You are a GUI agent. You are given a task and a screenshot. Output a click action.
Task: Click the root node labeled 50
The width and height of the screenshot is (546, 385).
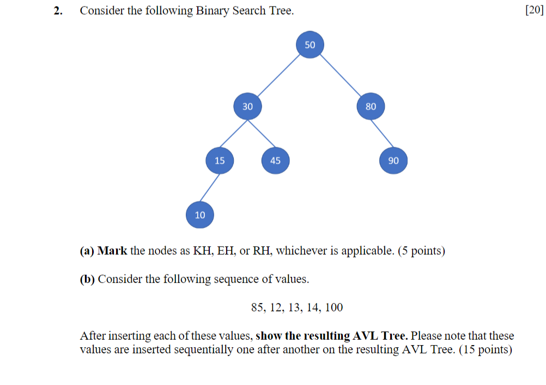310,45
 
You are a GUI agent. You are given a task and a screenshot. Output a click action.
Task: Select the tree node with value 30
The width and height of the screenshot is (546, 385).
248,106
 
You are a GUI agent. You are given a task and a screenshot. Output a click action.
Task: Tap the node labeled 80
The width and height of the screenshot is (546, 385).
371,106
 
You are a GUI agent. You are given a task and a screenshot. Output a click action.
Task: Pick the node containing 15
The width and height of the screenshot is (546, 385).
220,160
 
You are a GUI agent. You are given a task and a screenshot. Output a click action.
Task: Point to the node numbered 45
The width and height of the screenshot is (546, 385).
275,160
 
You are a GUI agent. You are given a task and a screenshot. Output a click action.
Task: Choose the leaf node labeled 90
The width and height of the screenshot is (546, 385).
393,160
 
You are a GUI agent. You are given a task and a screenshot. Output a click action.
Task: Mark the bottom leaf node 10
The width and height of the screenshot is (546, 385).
200,215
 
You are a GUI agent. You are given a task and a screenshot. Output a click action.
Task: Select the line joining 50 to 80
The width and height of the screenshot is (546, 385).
341,76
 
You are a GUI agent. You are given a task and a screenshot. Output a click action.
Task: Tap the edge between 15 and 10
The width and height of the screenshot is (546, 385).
210,188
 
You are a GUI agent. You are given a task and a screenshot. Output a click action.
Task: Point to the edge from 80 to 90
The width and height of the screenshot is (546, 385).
382,134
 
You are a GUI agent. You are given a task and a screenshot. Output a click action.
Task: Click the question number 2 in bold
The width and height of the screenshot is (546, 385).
57,11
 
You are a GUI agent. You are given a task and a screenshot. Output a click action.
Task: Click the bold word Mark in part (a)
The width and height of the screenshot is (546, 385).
112,251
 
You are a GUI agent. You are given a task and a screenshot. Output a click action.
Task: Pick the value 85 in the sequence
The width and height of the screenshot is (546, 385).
257,308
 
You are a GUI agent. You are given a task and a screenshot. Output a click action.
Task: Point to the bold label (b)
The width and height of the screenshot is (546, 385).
87,279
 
